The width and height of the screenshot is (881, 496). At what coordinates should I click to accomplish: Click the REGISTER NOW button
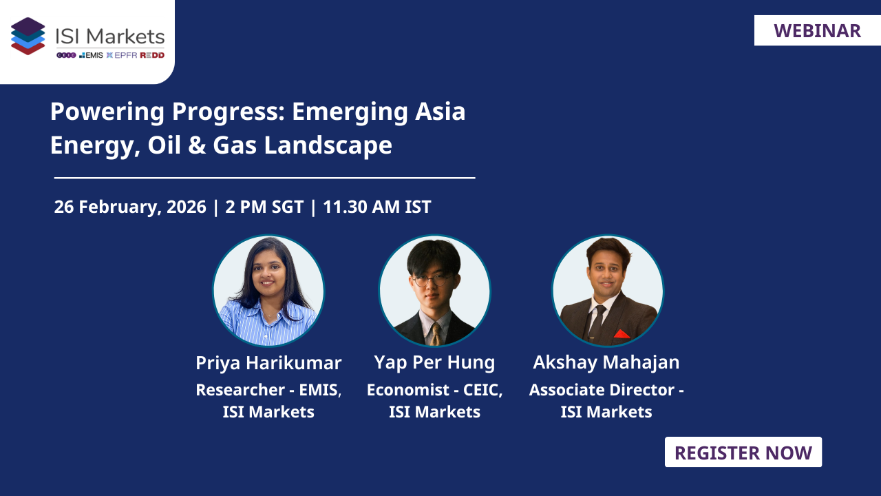(x=743, y=453)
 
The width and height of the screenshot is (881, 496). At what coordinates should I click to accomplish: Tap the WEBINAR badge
(x=817, y=31)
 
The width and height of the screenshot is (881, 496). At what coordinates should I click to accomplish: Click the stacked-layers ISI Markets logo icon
(x=28, y=36)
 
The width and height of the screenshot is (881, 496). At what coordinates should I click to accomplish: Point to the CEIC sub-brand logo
(x=65, y=55)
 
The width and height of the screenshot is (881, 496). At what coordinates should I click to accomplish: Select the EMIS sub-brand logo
(x=91, y=55)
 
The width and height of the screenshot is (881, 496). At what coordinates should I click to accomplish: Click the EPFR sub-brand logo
(x=120, y=55)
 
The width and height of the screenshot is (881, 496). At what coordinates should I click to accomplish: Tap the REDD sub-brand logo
(x=152, y=55)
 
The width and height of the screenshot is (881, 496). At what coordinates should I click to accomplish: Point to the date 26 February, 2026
(x=130, y=207)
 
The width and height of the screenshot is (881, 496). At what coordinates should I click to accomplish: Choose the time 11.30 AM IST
(x=377, y=207)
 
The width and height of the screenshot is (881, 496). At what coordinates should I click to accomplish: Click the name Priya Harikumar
(x=268, y=362)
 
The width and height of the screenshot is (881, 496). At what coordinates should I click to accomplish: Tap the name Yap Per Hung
(x=434, y=362)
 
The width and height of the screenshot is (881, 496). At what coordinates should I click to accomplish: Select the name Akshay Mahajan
(x=606, y=362)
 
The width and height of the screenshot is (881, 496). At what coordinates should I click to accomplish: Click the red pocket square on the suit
(x=622, y=334)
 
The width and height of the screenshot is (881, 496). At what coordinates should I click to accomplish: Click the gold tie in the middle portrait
(x=435, y=334)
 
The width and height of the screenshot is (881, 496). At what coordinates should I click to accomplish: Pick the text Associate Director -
(x=606, y=390)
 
